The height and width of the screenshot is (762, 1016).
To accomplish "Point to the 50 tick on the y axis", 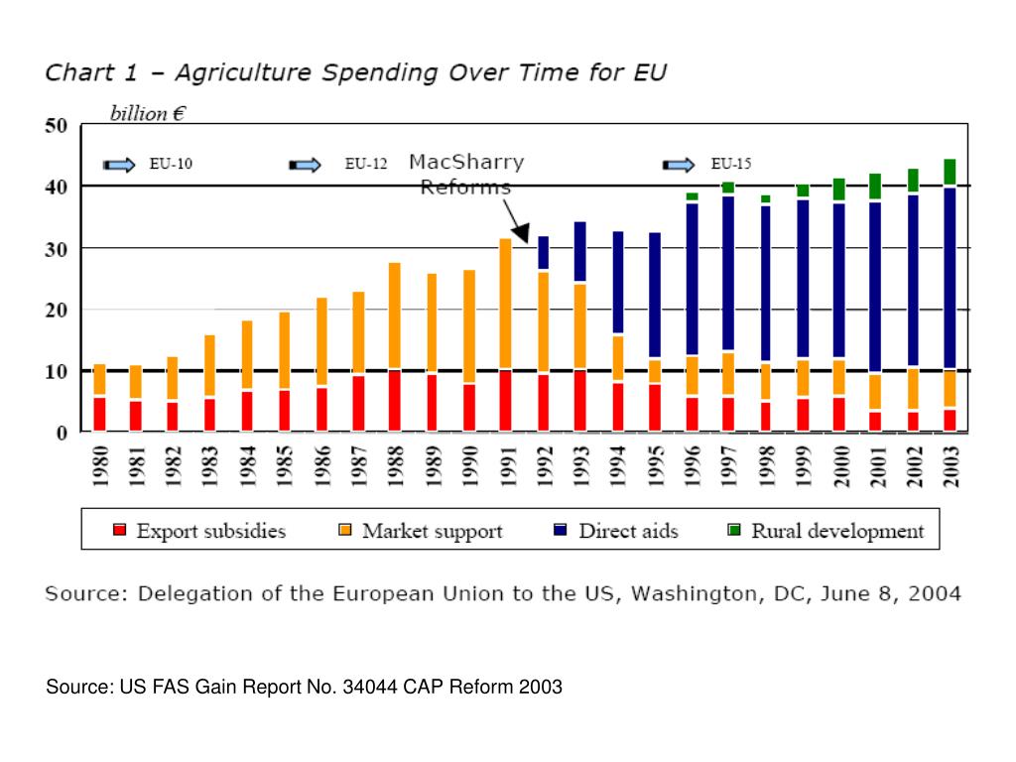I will click(x=56, y=126).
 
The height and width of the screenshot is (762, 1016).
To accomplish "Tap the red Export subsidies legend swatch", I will click(x=121, y=531).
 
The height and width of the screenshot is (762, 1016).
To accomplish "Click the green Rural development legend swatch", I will click(x=734, y=531).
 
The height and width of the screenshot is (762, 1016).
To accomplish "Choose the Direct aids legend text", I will click(x=628, y=531).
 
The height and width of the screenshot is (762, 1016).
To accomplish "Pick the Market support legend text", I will click(x=432, y=531).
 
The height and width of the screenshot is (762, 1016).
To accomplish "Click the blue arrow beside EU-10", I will click(x=121, y=165).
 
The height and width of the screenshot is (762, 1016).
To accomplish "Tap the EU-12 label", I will click(x=366, y=165).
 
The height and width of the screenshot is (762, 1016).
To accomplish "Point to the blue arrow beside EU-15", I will click(x=680, y=165).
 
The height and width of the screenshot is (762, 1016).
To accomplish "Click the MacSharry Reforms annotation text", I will click(x=466, y=174).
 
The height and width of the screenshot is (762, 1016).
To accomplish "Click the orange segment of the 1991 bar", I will click(x=505, y=303).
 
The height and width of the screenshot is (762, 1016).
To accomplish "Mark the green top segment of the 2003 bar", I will click(x=950, y=172).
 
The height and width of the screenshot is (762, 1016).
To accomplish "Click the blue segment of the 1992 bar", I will click(x=543, y=252).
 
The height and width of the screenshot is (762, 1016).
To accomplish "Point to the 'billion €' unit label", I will click(x=148, y=114).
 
